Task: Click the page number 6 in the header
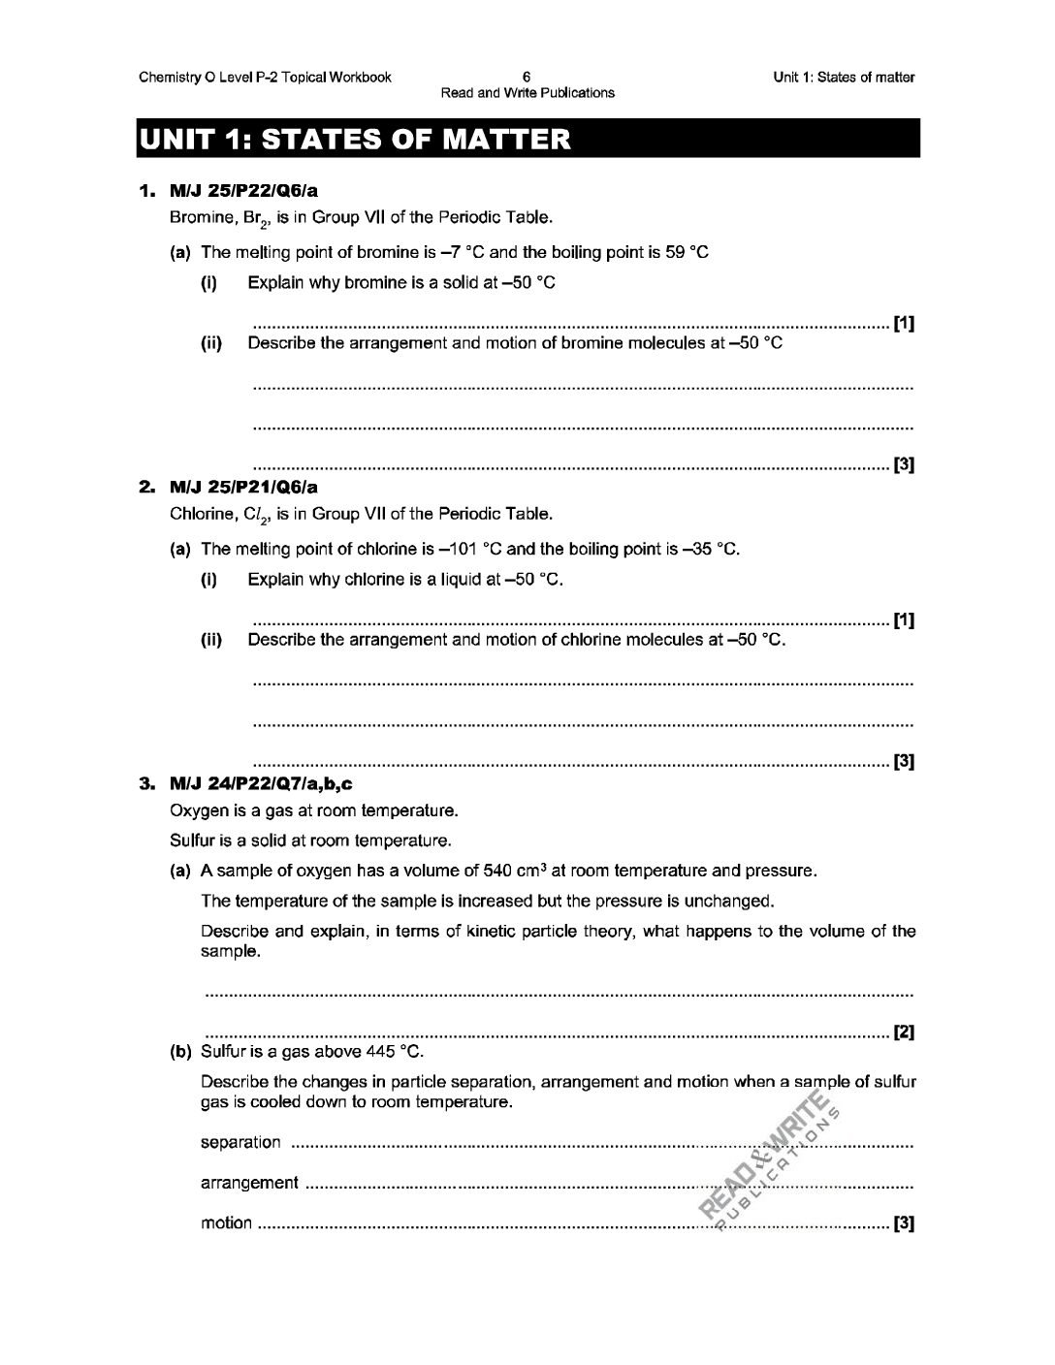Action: [x=527, y=77]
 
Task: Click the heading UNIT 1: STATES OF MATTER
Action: [x=355, y=140]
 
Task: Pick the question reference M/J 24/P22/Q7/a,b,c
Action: [x=255, y=784]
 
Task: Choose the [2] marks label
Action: [x=904, y=1032]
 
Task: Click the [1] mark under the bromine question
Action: [x=904, y=323]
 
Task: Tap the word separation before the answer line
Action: [x=240, y=1142]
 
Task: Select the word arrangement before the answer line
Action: [x=249, y=1183]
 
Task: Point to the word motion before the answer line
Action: [x=226, y=1223]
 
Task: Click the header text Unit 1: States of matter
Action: [x=844, y=78]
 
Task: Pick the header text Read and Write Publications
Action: [x=527, y=93]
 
